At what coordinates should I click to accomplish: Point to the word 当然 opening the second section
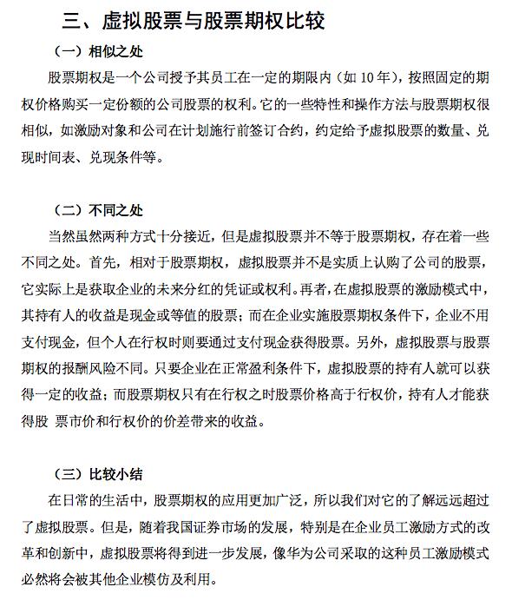click(67, 235)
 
